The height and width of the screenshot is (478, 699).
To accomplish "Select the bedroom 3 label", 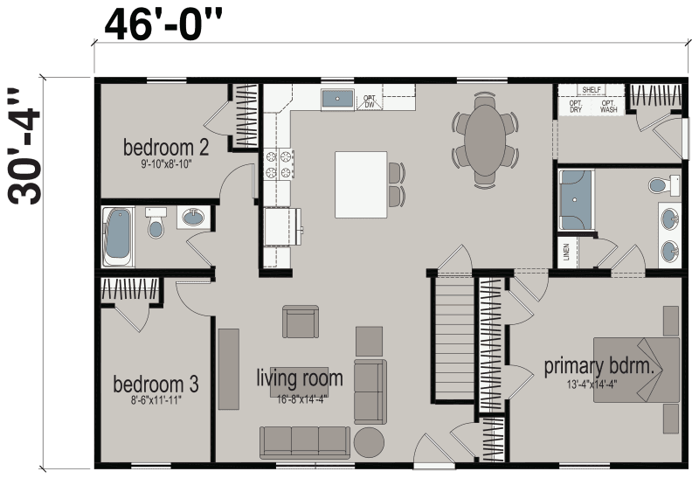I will (156, 384).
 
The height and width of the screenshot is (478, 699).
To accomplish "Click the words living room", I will (299, 379).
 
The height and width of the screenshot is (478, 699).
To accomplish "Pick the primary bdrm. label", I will (599, 366).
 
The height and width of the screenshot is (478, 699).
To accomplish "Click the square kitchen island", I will (361, 184).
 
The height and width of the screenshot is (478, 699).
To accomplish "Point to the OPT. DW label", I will (370, 101).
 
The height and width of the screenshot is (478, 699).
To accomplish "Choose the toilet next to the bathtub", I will (156, 224).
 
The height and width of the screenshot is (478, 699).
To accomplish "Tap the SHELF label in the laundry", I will (591, 90).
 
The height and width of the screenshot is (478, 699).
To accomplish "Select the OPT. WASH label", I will (608, 107).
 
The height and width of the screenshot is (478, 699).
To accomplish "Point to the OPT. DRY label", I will (576, 107).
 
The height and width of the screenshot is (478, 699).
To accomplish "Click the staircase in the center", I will (453, 336).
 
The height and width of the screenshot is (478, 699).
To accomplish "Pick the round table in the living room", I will (369, 440).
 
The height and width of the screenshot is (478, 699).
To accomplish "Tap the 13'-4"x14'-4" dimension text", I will (599, 383).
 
